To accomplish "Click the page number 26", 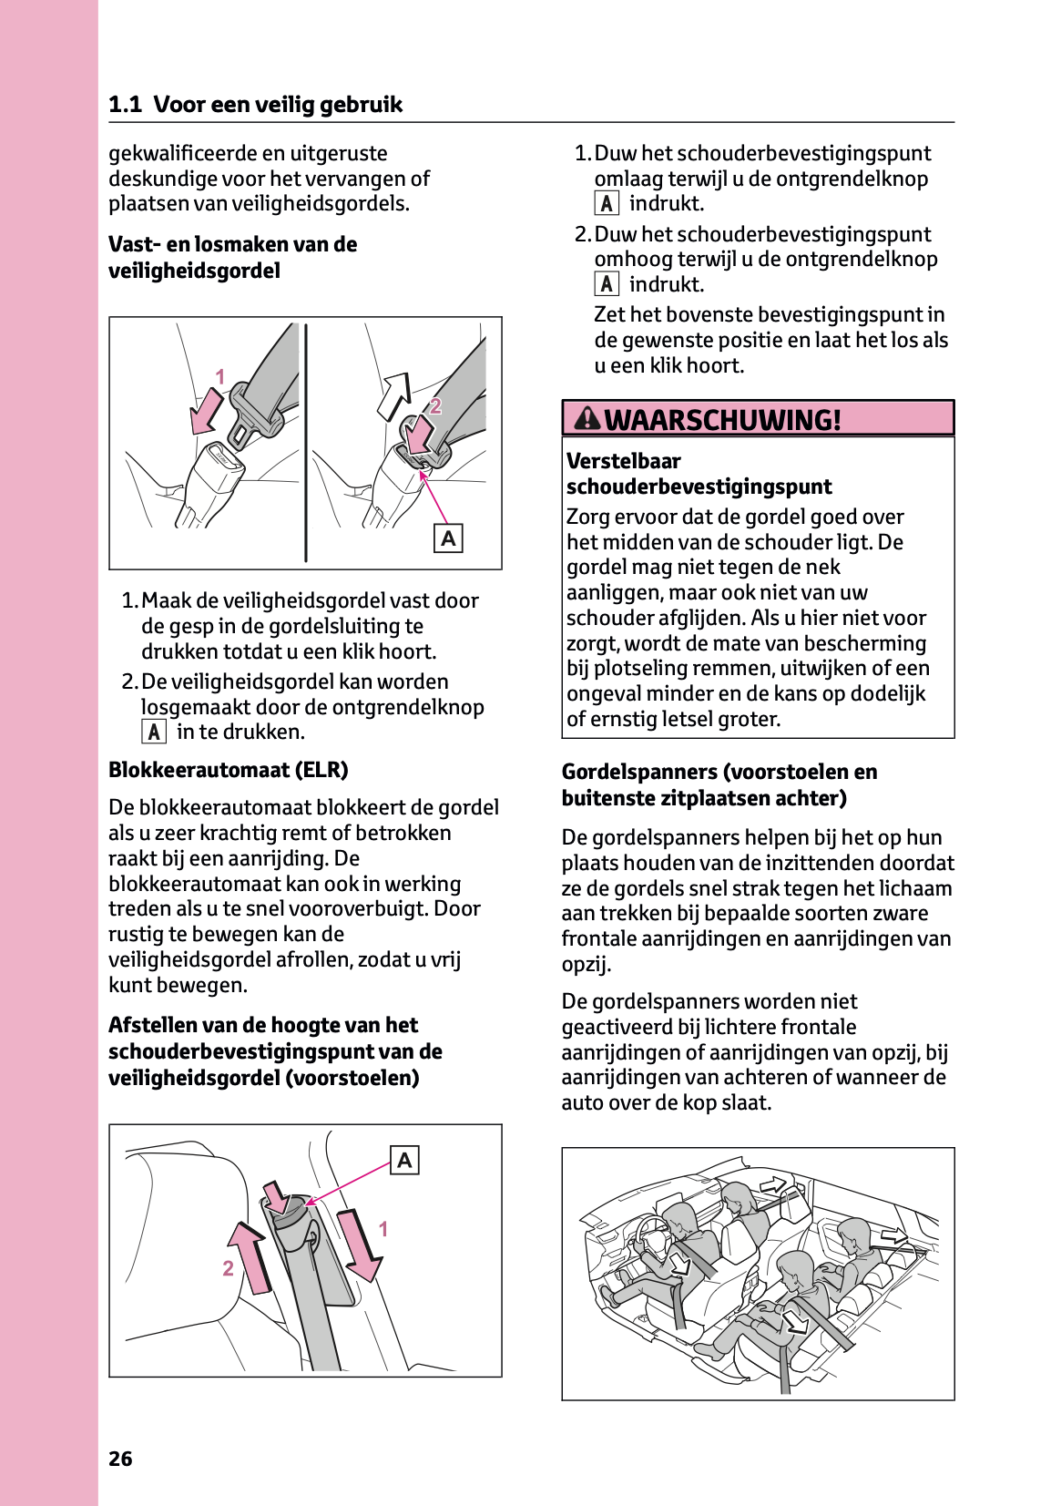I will tap(120, 1459).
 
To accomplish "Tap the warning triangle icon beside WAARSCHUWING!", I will tap(588, 418).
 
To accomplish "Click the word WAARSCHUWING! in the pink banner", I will tap(722, 420).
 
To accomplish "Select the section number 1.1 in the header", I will tap(125, 105).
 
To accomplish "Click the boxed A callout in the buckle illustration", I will tap(448, 538).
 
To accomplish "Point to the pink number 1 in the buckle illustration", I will tap(219, 376).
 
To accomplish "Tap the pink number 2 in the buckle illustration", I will tap(435, 406).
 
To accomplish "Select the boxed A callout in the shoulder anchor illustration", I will tap(404, 1160).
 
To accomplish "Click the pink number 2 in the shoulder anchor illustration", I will tap(228, 1268).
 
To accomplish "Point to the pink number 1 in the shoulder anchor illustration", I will tap(383, 1229).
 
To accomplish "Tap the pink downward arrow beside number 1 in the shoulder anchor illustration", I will tap(360, 1245).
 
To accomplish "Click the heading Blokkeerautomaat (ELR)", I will tap(228, 770).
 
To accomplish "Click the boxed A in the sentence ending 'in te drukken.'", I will tap(154, 732).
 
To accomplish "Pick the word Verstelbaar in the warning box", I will tap(623, 461).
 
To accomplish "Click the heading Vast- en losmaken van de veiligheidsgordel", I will tap(232, 257).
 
